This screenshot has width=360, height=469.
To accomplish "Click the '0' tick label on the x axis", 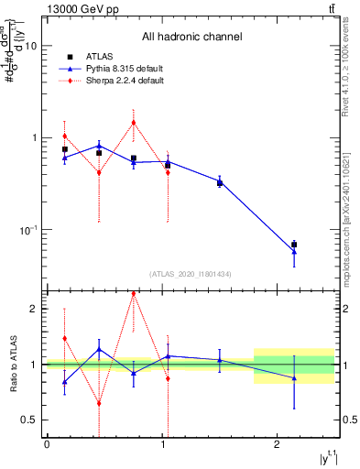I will tap(47, 446).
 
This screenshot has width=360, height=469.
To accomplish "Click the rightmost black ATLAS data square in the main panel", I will tap(294, 245).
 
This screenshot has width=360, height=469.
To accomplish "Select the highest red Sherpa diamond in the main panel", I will tap(134, 123).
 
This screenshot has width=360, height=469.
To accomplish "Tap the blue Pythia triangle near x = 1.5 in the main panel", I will tap(220, 182).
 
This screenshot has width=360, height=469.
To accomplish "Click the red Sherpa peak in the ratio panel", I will tap(134, 294).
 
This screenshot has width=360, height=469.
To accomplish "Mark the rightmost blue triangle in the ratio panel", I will tap(294, 377).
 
